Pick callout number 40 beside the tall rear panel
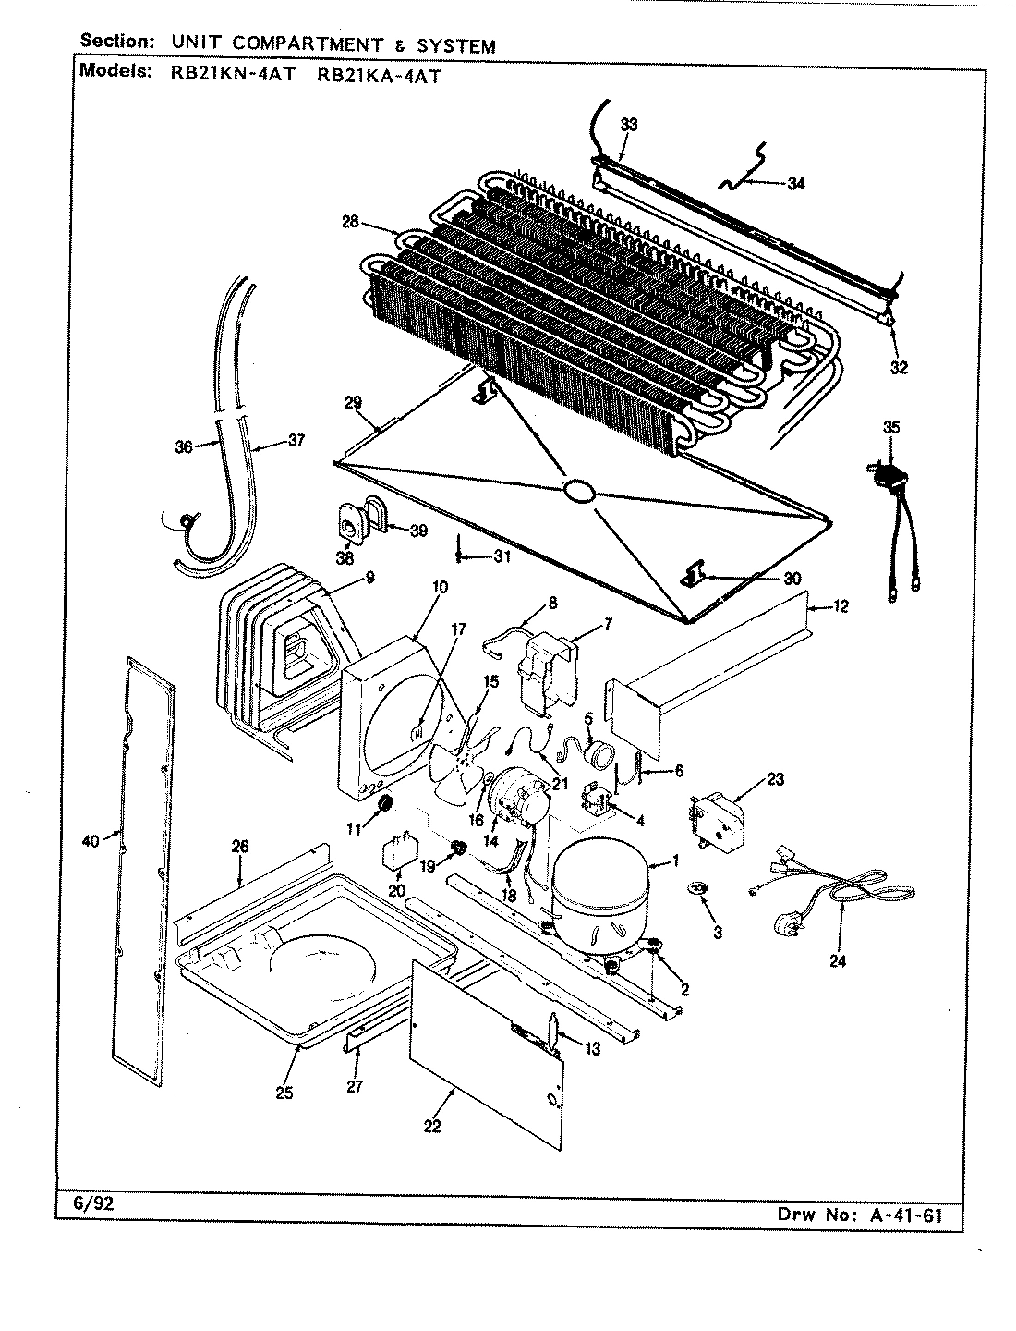click(89, 839)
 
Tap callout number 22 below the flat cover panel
click(431, 1125)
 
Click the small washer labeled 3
click(699, 888)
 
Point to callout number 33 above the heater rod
click(628, 123)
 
